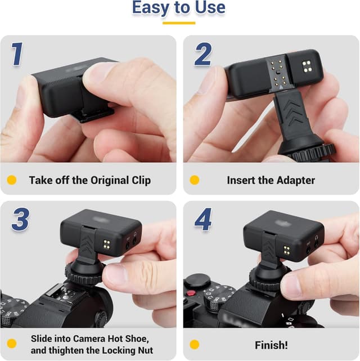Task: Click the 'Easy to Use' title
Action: [179, 8]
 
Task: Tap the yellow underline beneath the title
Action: [179, 23]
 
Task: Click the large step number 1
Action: [17, 54]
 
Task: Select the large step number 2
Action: [203, 54]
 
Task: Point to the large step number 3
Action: [20, 220]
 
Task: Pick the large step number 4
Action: [203, 220]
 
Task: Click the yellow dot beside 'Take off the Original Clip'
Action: [11, 181]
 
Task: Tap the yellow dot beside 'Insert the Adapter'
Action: [195, 181]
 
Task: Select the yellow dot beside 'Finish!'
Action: [195, 344]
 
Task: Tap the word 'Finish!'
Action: [272, 344]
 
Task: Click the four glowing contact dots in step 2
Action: [307, 68]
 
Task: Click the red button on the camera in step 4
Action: [191, 293]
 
